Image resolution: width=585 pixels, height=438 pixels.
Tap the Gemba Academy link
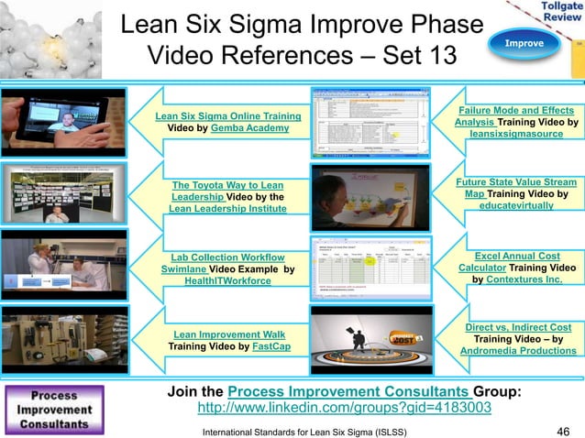[249, 128]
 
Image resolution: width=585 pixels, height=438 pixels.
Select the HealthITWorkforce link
[227, 281]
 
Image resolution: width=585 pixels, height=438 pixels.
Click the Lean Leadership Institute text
[227, 209]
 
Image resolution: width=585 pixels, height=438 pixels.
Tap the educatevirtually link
[515, 207]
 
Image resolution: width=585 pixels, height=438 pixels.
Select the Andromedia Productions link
[518, 351]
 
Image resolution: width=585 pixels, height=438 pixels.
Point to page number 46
[564, 429]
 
